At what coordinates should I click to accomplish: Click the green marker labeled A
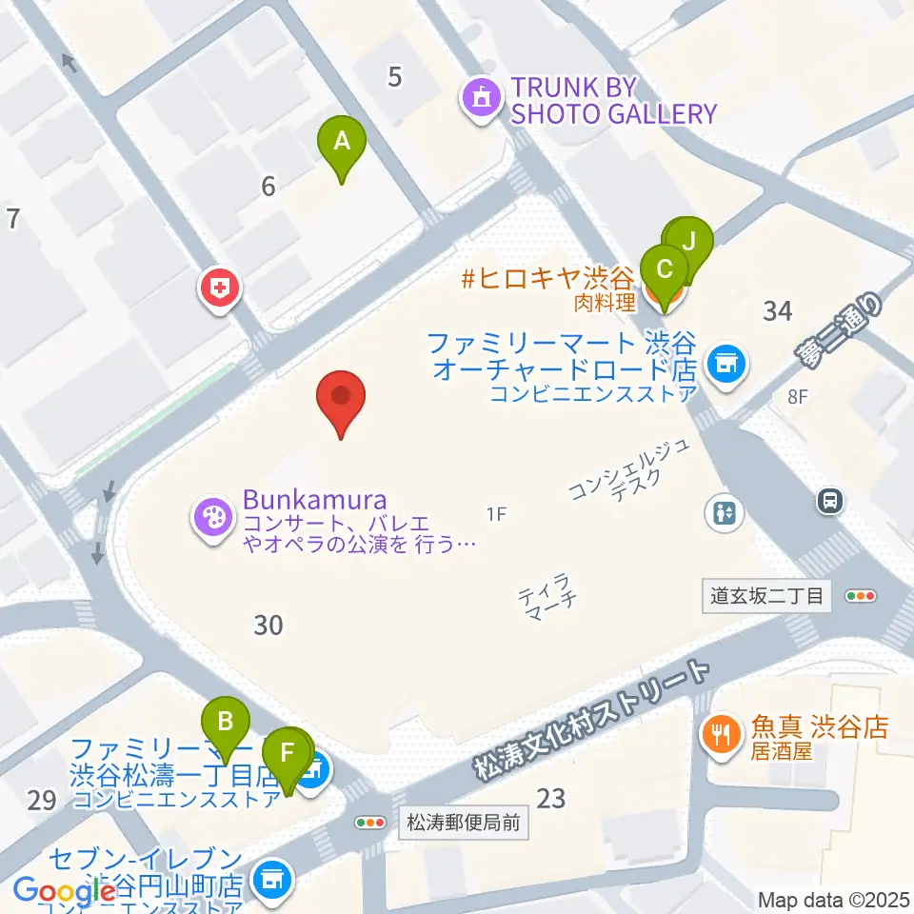point(342,144)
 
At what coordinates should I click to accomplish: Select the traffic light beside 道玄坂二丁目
point(860,597)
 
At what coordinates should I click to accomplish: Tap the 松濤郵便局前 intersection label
point(463,823)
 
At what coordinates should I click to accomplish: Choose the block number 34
point(778,310)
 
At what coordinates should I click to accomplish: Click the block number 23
point(552,799)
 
